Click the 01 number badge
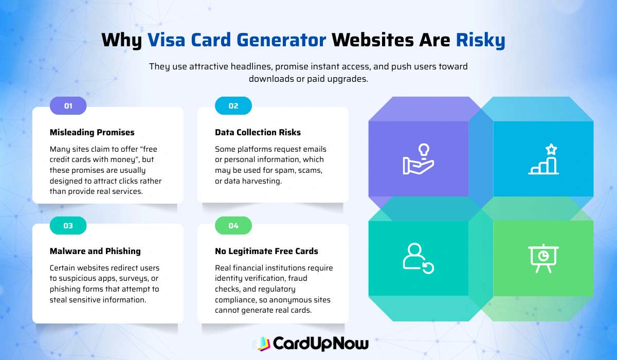(x=68, y=106)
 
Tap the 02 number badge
(x=233, y=106)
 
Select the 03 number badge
(x=68, y=226)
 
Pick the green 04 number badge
(x=233, y=226)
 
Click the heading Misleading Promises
(x=92, y=132)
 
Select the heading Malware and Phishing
(x=95, y=251)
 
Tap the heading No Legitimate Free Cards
(x=266, y=251)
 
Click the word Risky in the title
(x=480, y=40)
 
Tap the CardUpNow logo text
(x=320, y=343)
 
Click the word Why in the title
(x=122, y=40)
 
